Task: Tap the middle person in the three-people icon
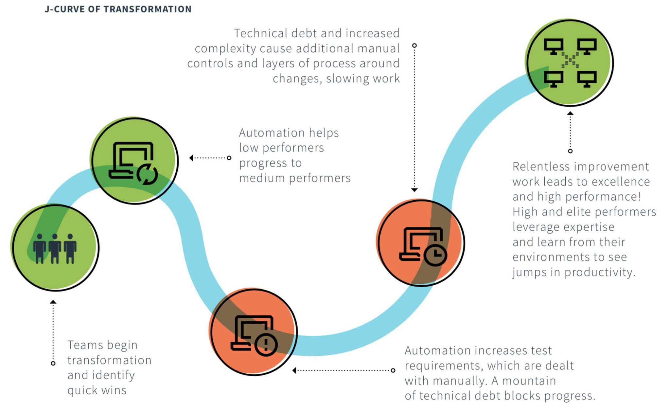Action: [x=55, y=249]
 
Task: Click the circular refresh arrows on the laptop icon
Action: [x=147, y=174]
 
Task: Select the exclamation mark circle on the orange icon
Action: [x=266, y=344]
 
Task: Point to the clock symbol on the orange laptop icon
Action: [x=435, y=254]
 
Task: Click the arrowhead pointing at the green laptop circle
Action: [x=191, y=158]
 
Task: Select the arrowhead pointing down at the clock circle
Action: [x=414, y=190]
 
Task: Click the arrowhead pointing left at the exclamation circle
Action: [x=294, y=370]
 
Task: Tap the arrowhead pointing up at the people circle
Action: [x=53, y=302]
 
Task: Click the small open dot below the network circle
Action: [x=570, y=151]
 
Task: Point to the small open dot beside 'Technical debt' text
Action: [x=414, y=45]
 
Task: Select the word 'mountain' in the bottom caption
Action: [x=529, y=381]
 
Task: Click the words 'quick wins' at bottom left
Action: [x=97, y=390]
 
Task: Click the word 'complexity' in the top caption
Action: [x=225, y=48]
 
